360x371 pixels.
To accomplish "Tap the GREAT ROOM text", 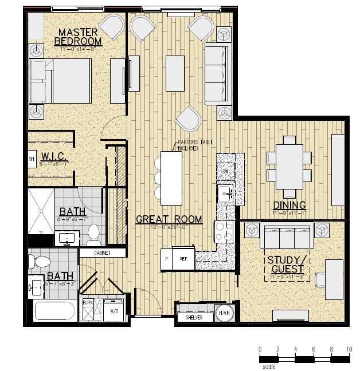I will pyautogui.click(x=169, y=219).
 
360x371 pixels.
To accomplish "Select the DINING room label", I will pyautogui.click(x=289, y=205).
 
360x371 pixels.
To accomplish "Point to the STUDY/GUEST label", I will pyautogui.click(x=288, y=266).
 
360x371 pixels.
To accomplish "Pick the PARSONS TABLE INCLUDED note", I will pyautogui.click(x=187, y=145).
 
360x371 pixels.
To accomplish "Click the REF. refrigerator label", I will pyautogui.click(x=184, y=259).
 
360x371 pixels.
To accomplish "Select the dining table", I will pyautogui.click(x=289, y=165).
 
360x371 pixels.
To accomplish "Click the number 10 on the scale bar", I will pyautogui.click(x=349, y=349).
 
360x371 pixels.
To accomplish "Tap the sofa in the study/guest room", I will pyautogui.click(x=285, y=236).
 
